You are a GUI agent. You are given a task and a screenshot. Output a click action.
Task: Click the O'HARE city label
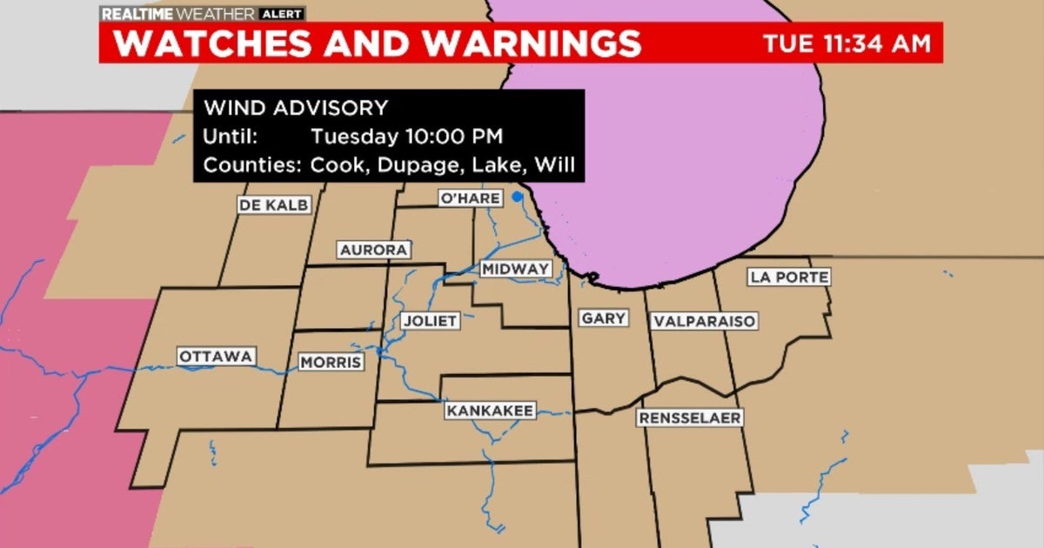471,198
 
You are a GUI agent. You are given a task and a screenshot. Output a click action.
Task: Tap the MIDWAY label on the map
515,269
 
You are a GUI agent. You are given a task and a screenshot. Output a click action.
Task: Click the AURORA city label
373,251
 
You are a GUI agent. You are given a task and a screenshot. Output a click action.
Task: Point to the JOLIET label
430,321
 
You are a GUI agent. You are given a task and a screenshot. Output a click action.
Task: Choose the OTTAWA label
216,357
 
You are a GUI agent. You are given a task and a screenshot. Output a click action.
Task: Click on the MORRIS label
331,363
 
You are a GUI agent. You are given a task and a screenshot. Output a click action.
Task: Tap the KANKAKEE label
491,410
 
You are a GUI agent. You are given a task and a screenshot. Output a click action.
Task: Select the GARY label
603,318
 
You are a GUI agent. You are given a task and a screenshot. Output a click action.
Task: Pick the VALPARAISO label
703,321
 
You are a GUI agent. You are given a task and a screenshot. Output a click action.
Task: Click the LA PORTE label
788,277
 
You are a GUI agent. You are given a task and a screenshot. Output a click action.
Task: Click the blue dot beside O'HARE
517,196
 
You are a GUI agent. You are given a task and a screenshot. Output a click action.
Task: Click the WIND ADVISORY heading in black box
295,109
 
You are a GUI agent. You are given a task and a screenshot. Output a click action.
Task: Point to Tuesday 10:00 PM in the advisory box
406,137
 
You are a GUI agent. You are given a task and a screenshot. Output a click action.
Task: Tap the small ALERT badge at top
281,13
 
